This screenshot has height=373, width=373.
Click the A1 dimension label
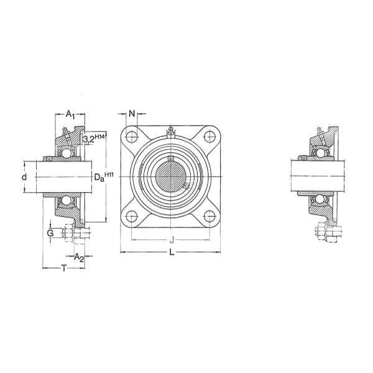tap(70, 114)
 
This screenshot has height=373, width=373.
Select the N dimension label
tap(132, 114)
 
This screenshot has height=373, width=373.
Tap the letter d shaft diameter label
tap(24, 177)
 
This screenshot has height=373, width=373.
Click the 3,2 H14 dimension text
tap(94, 139)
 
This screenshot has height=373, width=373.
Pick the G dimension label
tap(50, 233)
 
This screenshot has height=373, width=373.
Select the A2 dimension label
tap(79, 257)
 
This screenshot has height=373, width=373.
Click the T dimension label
tap(64, 269)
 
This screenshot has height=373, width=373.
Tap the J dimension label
tap(172, 240)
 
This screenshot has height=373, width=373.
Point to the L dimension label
tap(172, 252)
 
